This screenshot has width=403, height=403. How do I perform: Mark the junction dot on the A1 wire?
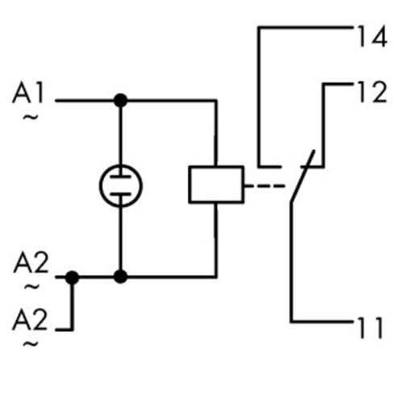120,101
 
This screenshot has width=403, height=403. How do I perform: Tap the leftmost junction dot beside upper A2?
72,277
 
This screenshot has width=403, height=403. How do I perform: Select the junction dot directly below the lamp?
120,277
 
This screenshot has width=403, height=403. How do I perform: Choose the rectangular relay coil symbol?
216,185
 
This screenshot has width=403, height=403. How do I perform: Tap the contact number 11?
372,326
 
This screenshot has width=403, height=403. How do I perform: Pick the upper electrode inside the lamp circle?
120,176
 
